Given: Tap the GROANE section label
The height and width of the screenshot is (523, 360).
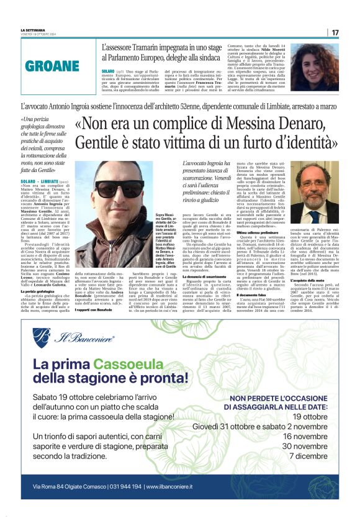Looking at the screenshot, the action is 52,66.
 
